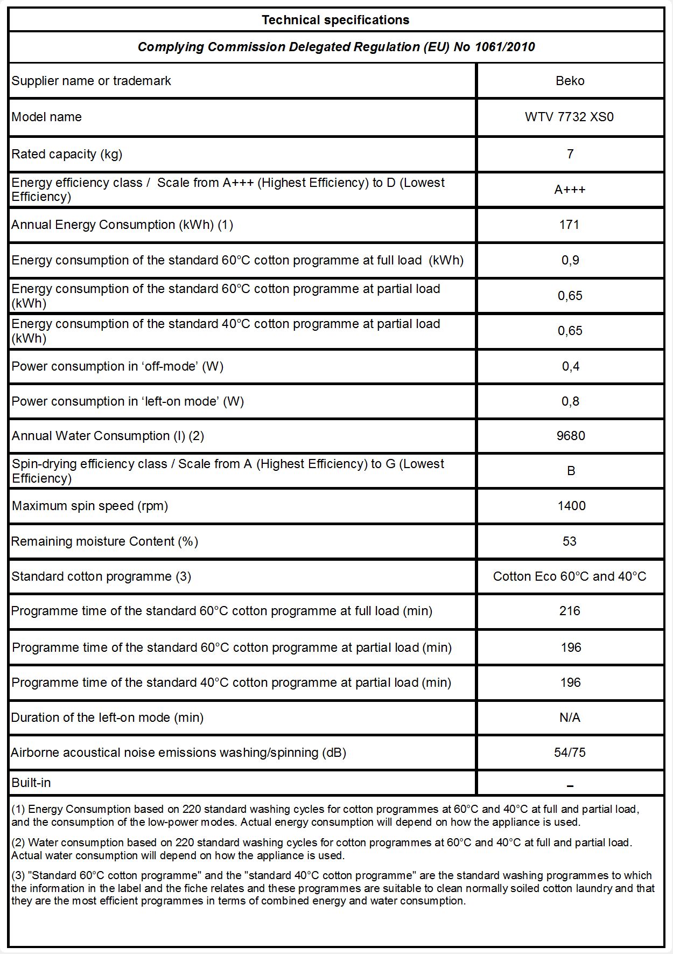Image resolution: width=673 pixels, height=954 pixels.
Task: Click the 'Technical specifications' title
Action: point(335,20)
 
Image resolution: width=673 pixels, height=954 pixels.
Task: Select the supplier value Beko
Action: point(570,81)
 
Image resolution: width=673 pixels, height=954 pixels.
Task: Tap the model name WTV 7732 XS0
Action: point(569,117)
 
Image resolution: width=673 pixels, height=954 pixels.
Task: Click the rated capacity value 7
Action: point(570,154)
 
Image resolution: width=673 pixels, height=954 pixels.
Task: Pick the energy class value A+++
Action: point(570,190)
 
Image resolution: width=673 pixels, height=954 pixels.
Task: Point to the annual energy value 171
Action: point(569,225)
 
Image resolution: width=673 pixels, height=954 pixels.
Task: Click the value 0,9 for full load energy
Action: point(570,260)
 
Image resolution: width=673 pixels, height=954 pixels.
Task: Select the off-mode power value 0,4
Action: point(570,366)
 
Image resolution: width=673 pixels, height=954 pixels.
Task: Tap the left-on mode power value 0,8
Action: point(570,401)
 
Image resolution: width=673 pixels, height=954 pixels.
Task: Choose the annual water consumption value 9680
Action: point(571,436)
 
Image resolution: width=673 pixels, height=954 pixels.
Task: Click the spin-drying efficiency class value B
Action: point(571,471)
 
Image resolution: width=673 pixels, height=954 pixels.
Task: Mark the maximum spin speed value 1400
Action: point(571,506)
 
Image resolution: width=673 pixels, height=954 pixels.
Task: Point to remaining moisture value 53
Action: point(570,541)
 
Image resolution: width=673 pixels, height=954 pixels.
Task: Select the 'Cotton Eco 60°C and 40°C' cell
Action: point(570,576)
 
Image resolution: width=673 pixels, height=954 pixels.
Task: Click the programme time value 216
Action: point(570,611)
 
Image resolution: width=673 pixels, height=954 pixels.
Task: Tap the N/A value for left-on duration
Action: point(570,718)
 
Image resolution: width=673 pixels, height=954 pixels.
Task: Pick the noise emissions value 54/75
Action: point(570,753)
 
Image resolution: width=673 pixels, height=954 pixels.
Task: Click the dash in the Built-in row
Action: point(570,786)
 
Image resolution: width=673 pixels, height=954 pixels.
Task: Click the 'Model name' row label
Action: point(47,117)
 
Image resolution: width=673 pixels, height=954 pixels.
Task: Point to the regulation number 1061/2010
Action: point(504,47)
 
